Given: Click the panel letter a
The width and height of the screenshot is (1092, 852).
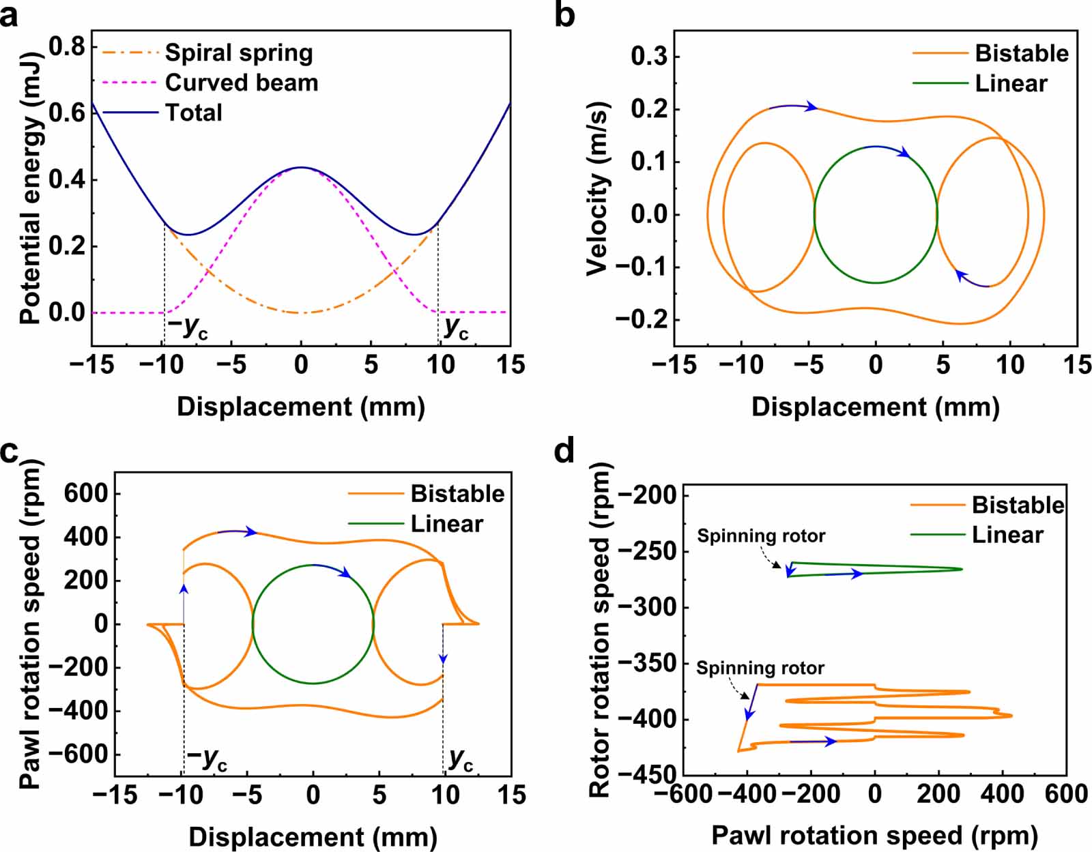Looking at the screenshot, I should pyautogui.click(x=10, y=15).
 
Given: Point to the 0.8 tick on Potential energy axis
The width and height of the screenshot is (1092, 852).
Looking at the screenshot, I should pyautogui.click(x=68, y=46).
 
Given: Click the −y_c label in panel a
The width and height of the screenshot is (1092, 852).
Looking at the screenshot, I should pyautogui.click(x=188, y=328).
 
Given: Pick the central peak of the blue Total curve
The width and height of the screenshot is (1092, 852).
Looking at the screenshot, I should pyautogui.click(x=301, y=167).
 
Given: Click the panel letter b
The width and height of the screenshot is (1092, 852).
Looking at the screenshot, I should pyautogui.click(x=565, y=15).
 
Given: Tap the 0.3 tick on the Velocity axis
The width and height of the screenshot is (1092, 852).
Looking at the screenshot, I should pyautogui.click(x=649, y=57).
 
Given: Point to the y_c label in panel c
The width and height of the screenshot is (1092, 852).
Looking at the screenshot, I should pyautogui.click(x=461, y=759).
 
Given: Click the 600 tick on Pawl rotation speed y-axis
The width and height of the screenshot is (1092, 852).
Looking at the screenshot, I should pyautogui.click(x=86, y=493).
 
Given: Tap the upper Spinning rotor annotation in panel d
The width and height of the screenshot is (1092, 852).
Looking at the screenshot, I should pyautogui.click(x=761, y=536).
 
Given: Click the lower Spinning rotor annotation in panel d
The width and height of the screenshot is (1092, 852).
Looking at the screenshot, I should pyautogui.click(x=760, y=668).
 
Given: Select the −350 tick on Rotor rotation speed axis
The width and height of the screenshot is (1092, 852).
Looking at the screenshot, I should pyautogui.click(x=647, y=663).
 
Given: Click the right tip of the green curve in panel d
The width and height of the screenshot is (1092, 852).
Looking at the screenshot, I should pyautogui.click(x=962, y=569).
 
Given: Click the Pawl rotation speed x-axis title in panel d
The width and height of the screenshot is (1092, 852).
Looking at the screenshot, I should pyautogui.click(x=874, y=835).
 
